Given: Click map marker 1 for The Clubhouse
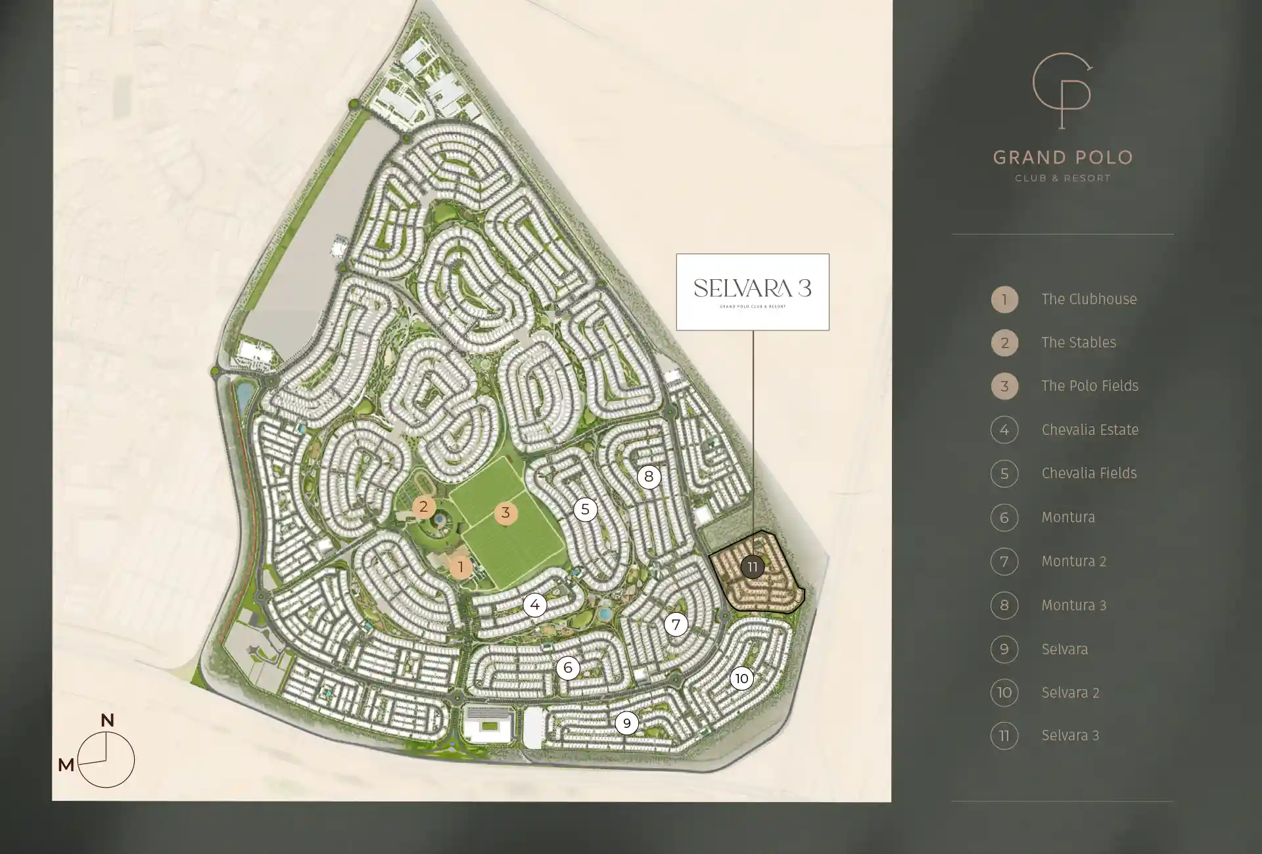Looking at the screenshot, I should click(461, 567).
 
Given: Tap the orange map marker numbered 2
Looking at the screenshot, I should click(423, 506).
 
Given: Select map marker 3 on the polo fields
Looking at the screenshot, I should click(505, 513).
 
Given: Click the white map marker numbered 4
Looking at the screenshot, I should click(535, 605).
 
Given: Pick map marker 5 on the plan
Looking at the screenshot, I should click(585, 509).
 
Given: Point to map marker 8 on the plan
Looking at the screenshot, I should click(649, 476).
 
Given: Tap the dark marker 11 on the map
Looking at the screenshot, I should click(753, 566).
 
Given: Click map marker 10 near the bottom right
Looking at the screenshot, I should click(741, 679).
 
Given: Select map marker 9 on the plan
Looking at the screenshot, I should click(626, 723).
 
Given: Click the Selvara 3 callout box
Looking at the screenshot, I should click(753, 292).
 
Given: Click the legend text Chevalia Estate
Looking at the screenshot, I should click(1090, 430).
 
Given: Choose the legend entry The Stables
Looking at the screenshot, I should click(1079, 342).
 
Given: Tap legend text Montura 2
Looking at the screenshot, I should click(1074, 561).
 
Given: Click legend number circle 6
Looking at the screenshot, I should click(1004, 518).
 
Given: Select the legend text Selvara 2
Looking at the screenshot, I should click(1070, 692).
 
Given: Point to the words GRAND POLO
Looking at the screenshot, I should click(1063, 158).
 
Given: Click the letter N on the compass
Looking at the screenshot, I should click(107, 720).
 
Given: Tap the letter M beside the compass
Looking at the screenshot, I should click(66, 765).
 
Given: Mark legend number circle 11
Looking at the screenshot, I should click(1004, 736).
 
